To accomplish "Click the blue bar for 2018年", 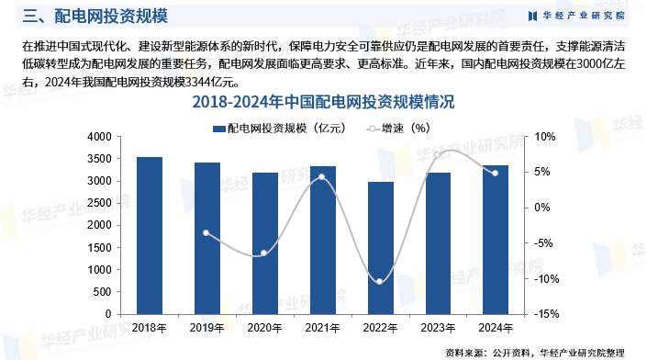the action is [150, 236].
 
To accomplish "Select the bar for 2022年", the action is [381, 248].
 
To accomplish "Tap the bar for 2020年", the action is [265, 243].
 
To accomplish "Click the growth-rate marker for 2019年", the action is [206, 233].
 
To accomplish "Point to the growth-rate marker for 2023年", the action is [438, 155].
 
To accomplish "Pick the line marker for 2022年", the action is [380, 282].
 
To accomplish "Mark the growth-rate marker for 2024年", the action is [496, 173].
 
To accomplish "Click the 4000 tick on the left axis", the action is [99, 137].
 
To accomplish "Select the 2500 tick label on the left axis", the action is [99, 203].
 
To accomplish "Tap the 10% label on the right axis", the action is [544, 137].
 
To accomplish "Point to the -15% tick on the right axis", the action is [546, 314].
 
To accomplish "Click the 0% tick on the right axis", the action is [542, 208].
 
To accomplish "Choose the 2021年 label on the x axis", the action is [323, 328].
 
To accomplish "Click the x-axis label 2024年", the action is [496, 328].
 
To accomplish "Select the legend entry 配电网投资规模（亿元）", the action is [279, 129].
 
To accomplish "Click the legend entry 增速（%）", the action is [398, 129].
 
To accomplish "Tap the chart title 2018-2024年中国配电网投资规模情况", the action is [323, 102].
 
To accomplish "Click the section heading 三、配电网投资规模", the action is [95, 17].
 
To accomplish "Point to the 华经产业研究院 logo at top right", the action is [576, 16].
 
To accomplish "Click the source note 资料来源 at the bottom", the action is [535, 353].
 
